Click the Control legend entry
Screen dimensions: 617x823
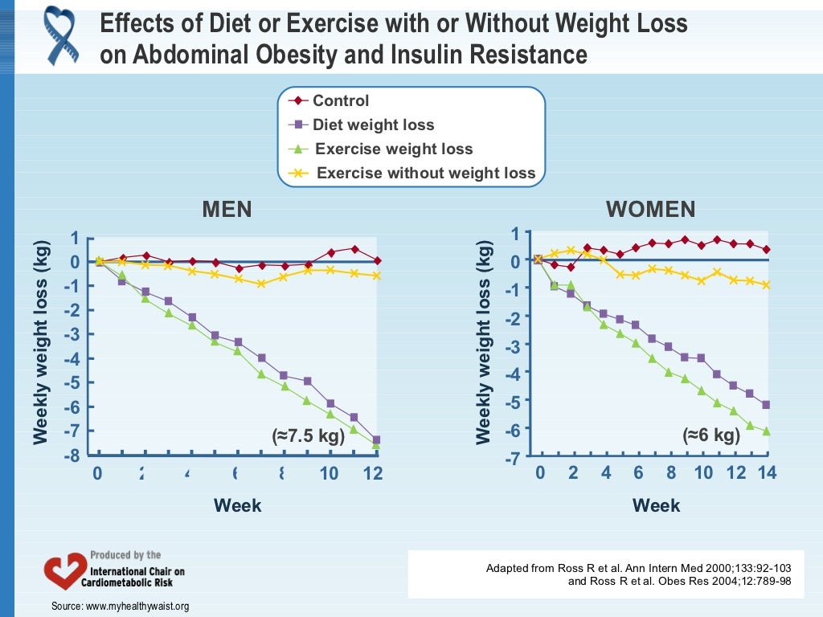(x=341, y=101)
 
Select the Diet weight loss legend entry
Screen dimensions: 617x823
(x=373, y=125)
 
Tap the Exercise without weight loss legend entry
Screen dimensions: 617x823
(x=425, y=173)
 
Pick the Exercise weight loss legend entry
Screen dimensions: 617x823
(x=394, y=149)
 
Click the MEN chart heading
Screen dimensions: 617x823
(x=227, y=210)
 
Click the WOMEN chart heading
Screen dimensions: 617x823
(x=650, y=210)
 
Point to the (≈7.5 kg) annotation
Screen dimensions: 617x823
(x=309, y=436)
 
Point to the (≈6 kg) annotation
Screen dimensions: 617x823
(x=710, y=435)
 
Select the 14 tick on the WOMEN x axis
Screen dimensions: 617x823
(x=767, y=473)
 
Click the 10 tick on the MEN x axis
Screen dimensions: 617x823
(x=329, y=474)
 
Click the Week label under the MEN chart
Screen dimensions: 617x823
(x=237, y=505)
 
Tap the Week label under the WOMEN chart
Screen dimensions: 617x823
(x=656, y=505)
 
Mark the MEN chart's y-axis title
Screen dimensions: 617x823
(x=41, y=341)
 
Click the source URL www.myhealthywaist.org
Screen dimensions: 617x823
(x=137, y=606)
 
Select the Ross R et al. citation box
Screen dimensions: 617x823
(x=633, y=574)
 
